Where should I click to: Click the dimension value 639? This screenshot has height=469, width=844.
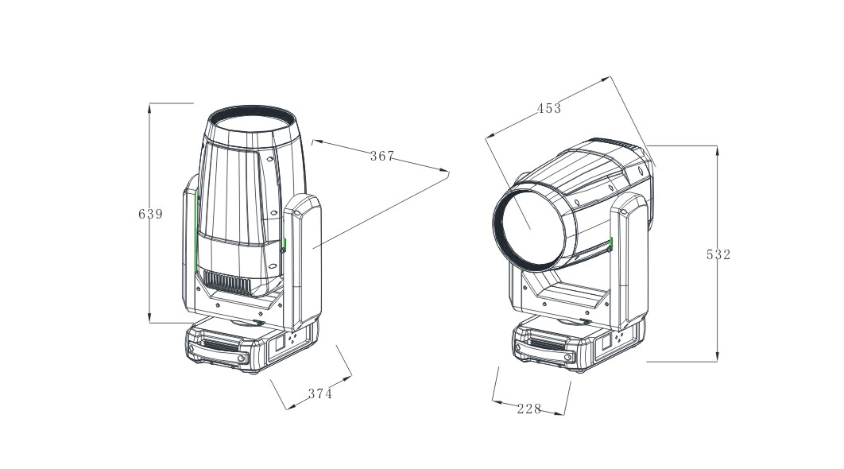click(x=150, y=214)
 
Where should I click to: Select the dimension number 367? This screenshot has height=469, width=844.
click(x=382, y=156)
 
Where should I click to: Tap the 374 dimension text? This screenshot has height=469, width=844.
click(x=320, y=393)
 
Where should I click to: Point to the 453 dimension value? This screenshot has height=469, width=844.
click(x=549, y=108)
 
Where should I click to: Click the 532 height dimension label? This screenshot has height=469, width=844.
click(x=718, y=254)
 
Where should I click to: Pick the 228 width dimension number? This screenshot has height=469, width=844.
click(x=529, y=409)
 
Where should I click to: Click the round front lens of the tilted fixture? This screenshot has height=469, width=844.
click(x=529, y=227)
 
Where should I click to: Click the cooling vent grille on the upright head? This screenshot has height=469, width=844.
click(x=226, y=282)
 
